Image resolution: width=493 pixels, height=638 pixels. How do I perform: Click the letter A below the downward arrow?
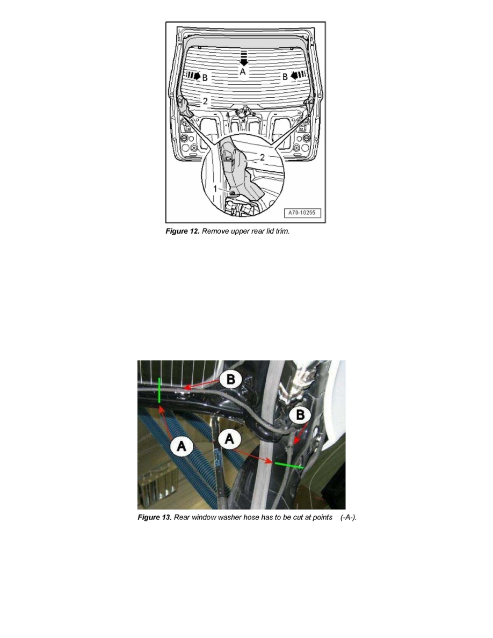pyautogui.click(x=243, y=71)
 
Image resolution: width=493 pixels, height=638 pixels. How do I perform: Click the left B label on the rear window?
pyautogui.click(x=205, y=77)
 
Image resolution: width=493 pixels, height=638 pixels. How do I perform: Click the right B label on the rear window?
pyautogui.click(x=285, y=77)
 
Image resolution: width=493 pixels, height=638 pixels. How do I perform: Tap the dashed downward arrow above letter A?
pyautogui.click(x=243, y=58)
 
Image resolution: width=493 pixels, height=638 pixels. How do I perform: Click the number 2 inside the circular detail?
pyautogui.click(x=262, y=157)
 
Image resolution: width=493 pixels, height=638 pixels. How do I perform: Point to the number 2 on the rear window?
pyautogui.click(x=205, y=100)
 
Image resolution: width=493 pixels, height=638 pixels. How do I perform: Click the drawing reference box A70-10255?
pyautogui.click(x=302, y=213)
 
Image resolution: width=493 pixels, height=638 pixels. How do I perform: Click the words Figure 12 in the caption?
pyautogui.click(x=183, y=231)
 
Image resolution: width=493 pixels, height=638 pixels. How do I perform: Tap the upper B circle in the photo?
pyautogui.click(x=231, y=379)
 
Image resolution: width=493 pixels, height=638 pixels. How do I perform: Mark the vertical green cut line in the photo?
pyautogui.click(x=160, y=390)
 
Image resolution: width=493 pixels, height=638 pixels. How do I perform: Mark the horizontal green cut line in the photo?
pyautogui.click(x=288, y=465)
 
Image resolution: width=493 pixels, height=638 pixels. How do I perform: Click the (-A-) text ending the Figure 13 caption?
pyautogui.click(x=349, y=518)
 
